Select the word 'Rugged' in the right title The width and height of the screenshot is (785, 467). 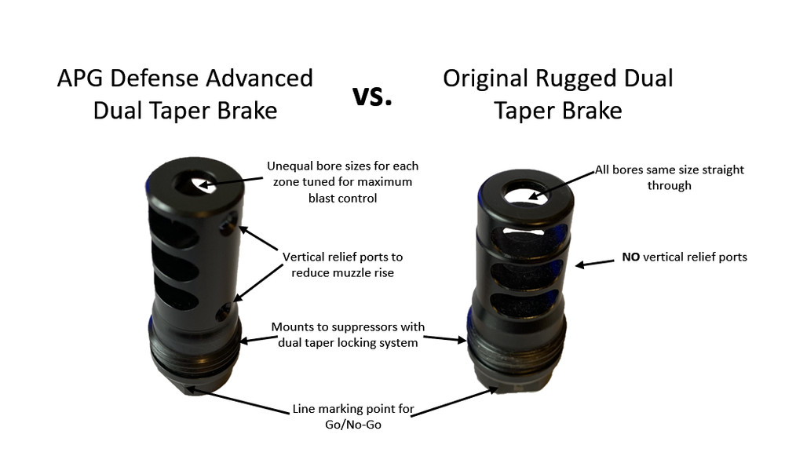tap(577, 78)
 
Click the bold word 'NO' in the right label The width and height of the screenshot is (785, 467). tap(630, 257)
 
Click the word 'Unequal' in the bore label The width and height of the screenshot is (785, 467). tap(291, 166)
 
